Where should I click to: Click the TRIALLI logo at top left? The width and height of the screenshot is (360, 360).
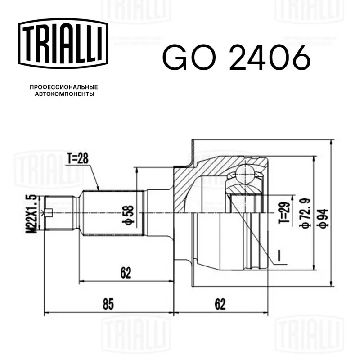coord(63,43)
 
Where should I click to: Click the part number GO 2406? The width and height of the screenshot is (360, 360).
coord(237,58)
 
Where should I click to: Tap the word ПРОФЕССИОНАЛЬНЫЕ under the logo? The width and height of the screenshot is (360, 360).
coord(64,87)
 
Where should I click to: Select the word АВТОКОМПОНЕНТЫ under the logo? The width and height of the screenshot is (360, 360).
coord(64,94)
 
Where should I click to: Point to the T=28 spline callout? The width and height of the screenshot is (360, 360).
coord(78,158)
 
